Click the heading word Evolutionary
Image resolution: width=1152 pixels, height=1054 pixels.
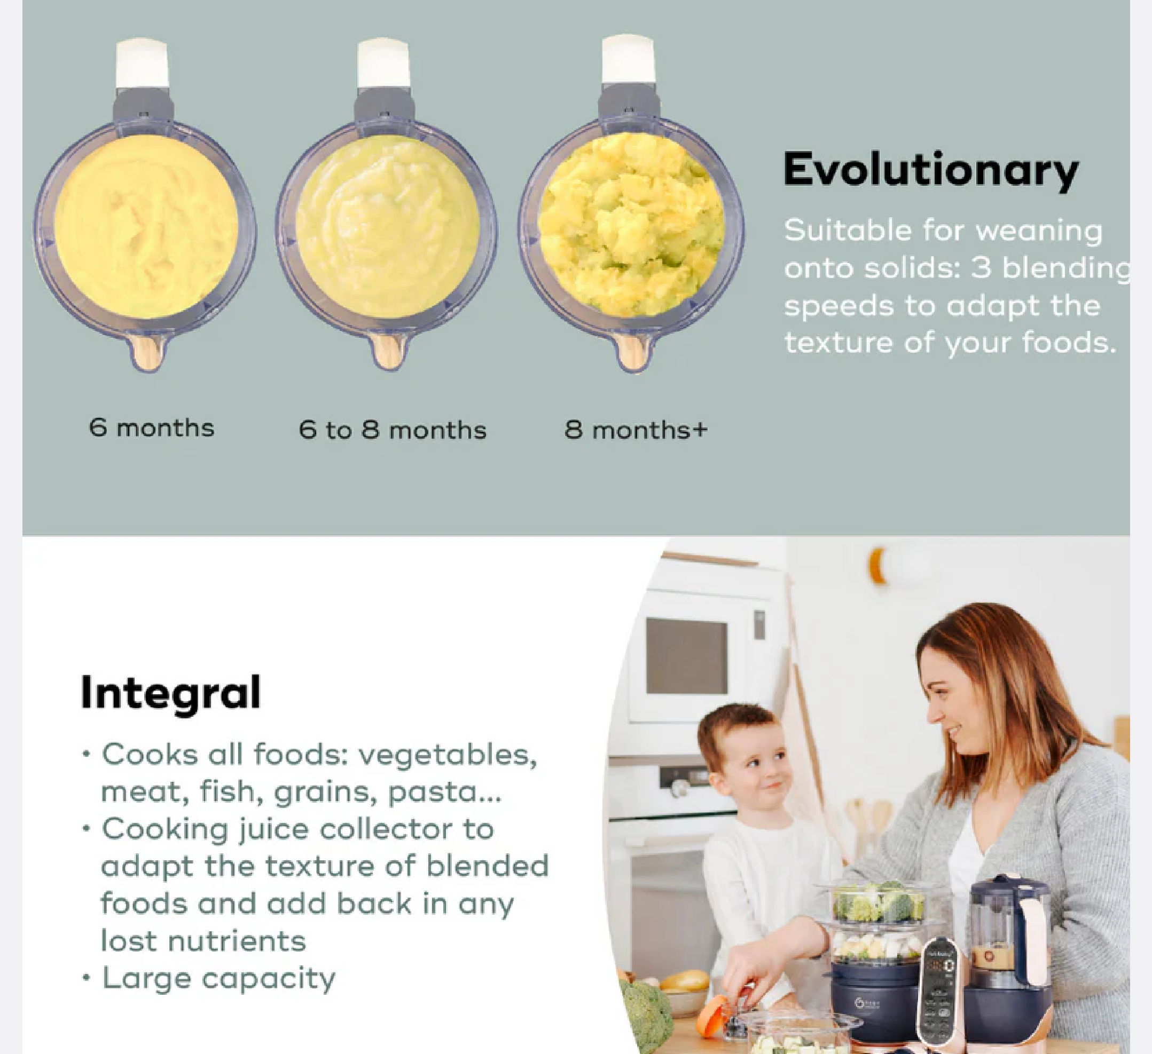coord(930,170)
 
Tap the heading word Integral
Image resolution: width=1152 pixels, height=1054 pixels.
coord(170,692)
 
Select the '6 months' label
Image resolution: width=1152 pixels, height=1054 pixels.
coord(152,427)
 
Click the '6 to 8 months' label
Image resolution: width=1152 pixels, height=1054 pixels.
coord(392,430)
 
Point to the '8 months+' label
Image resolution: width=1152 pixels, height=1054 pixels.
coord(636,430)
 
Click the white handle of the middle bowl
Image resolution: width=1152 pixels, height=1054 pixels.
coord(383,63)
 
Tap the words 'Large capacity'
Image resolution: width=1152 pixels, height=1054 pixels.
coord(218,978)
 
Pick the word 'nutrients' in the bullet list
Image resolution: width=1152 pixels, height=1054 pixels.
coord(237,941)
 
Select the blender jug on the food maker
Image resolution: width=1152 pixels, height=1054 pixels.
coord(1008,925)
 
